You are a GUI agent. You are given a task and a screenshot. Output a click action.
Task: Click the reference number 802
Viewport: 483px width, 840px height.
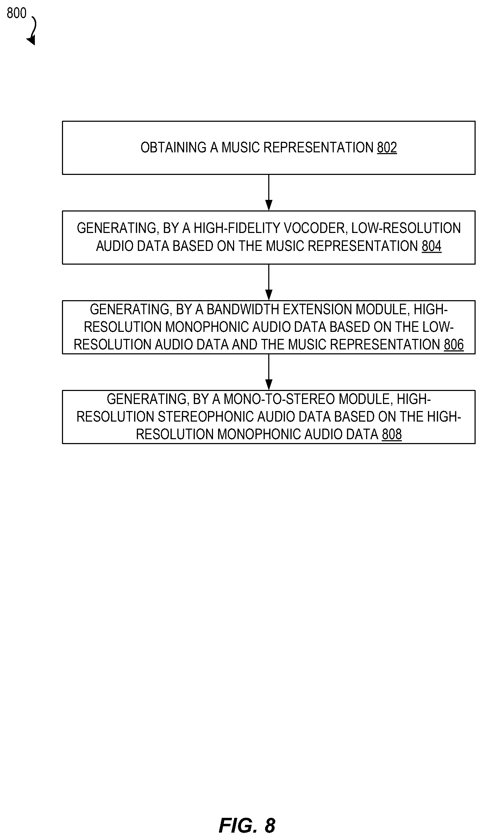coord(387,147)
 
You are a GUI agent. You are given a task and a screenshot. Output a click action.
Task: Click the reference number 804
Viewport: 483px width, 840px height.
coord(431,246)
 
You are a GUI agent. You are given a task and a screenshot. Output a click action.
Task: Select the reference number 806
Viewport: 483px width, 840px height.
coord(454,345)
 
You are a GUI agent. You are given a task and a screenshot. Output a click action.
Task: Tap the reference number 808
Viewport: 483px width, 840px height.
coord(392,434)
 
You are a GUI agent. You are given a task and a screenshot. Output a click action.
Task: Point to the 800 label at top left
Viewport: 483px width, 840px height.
coord(17,13)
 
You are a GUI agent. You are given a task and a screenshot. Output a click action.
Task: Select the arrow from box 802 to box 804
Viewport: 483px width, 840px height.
coord(269,192)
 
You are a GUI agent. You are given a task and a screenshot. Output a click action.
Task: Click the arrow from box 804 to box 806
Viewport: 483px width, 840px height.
coord(269,282)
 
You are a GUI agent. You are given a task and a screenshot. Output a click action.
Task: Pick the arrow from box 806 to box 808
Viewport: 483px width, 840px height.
coord(269,372)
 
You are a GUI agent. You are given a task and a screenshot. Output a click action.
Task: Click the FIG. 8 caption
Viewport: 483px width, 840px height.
coord(247,825)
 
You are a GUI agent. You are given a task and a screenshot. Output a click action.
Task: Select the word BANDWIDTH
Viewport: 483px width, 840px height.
coord(243,309)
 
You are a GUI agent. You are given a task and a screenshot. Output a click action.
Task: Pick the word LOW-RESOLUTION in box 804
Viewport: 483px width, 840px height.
coord(406,228)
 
